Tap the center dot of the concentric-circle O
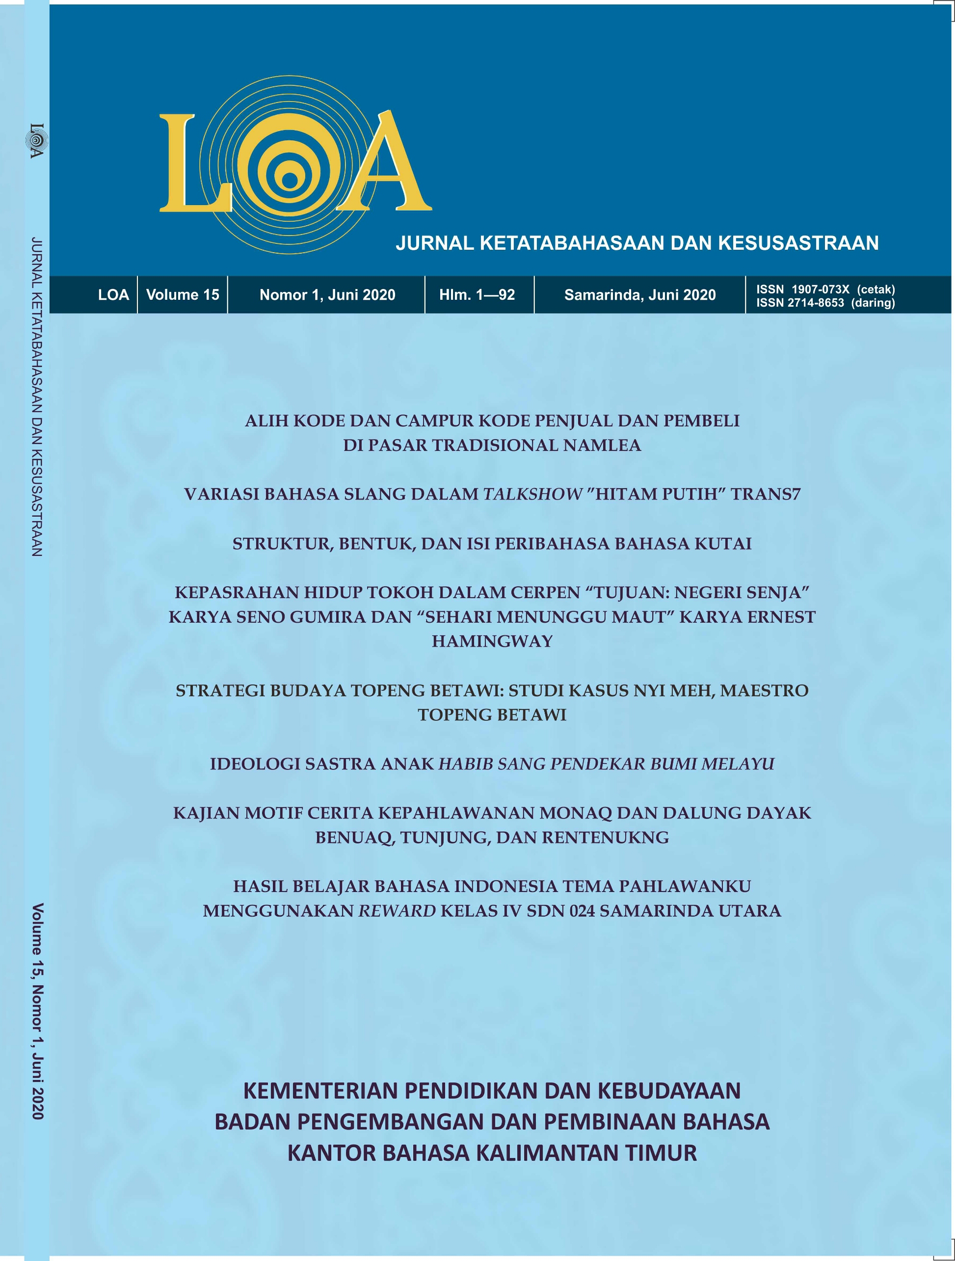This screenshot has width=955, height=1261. [x=290, y=181]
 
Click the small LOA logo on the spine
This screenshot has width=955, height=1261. [x=36, y=140]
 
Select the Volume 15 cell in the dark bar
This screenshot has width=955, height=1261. [x=183, y=295]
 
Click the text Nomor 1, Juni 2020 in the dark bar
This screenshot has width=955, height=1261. [x=327, y=295]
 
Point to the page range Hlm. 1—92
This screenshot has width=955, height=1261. [x=477, y=295]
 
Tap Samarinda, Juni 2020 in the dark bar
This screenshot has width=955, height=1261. [x=640, y=295]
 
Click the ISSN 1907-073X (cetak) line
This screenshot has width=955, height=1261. [x=825, y=289]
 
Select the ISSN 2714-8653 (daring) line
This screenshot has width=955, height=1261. [x=825, y=303]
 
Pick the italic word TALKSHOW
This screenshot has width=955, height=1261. [x=532, y=494]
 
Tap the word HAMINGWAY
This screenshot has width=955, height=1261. [x=492, y=642]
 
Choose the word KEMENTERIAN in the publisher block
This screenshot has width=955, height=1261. [x=320, y=1091]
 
